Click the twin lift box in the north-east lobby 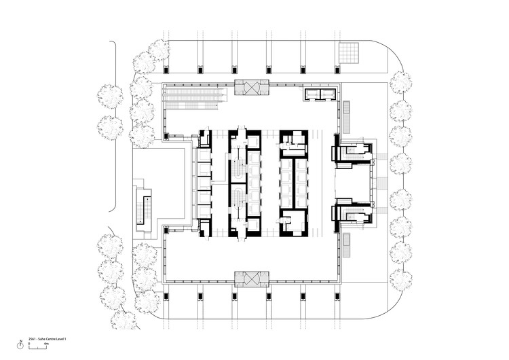coord(321,94)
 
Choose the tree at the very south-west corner coord(123,319)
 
